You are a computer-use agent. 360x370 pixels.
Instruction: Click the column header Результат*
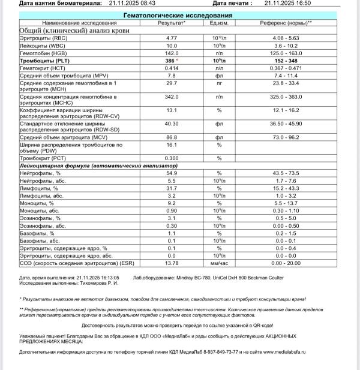(171, 22)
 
